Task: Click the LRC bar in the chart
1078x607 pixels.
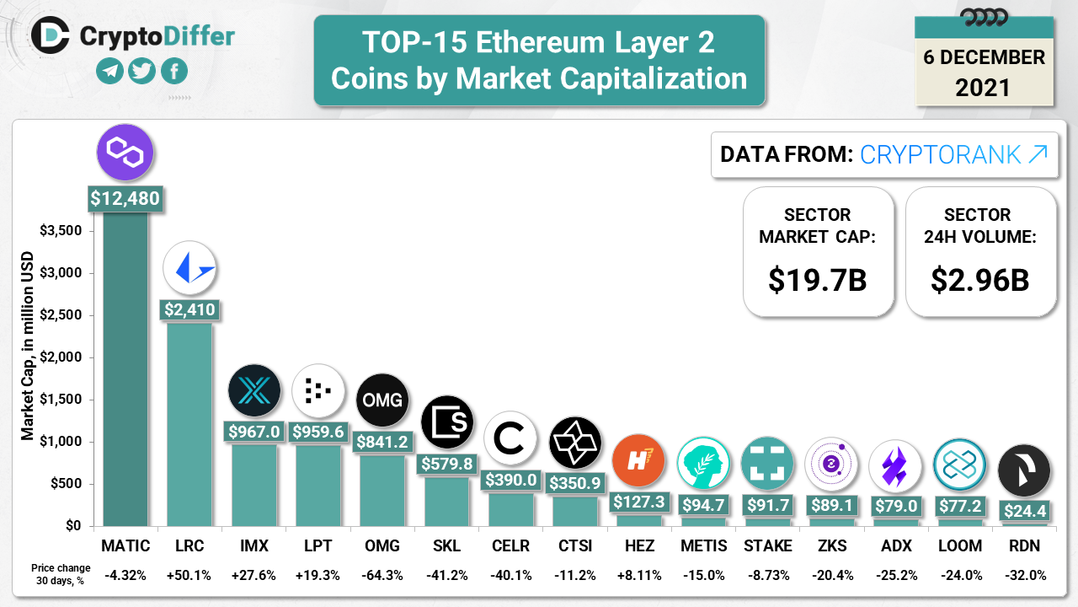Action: point(189,422)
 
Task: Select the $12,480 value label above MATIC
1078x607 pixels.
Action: point(125,199)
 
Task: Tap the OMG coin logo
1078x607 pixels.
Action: point(382,400)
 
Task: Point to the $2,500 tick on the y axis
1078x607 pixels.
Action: point(62,315)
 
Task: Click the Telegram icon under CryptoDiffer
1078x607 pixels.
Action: point(109,71)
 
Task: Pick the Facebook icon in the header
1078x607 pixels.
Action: point(174,71)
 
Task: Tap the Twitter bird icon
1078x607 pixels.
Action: point(142,71)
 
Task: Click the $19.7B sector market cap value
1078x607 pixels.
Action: point(817,279)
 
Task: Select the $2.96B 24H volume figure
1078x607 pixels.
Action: point(980,279)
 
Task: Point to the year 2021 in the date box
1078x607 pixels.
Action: point(983,87)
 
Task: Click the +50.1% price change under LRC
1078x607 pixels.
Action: point(189,575)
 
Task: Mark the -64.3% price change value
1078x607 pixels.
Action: point(382,575)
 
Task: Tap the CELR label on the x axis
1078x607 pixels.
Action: point(510,545)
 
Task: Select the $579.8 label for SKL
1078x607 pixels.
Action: point(446,464)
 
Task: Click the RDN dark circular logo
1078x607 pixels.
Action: point(1024,470)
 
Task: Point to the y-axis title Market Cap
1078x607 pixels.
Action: point(28,346)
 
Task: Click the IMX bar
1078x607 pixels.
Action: point(253,485)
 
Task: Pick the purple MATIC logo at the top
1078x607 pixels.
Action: point(125,153)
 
